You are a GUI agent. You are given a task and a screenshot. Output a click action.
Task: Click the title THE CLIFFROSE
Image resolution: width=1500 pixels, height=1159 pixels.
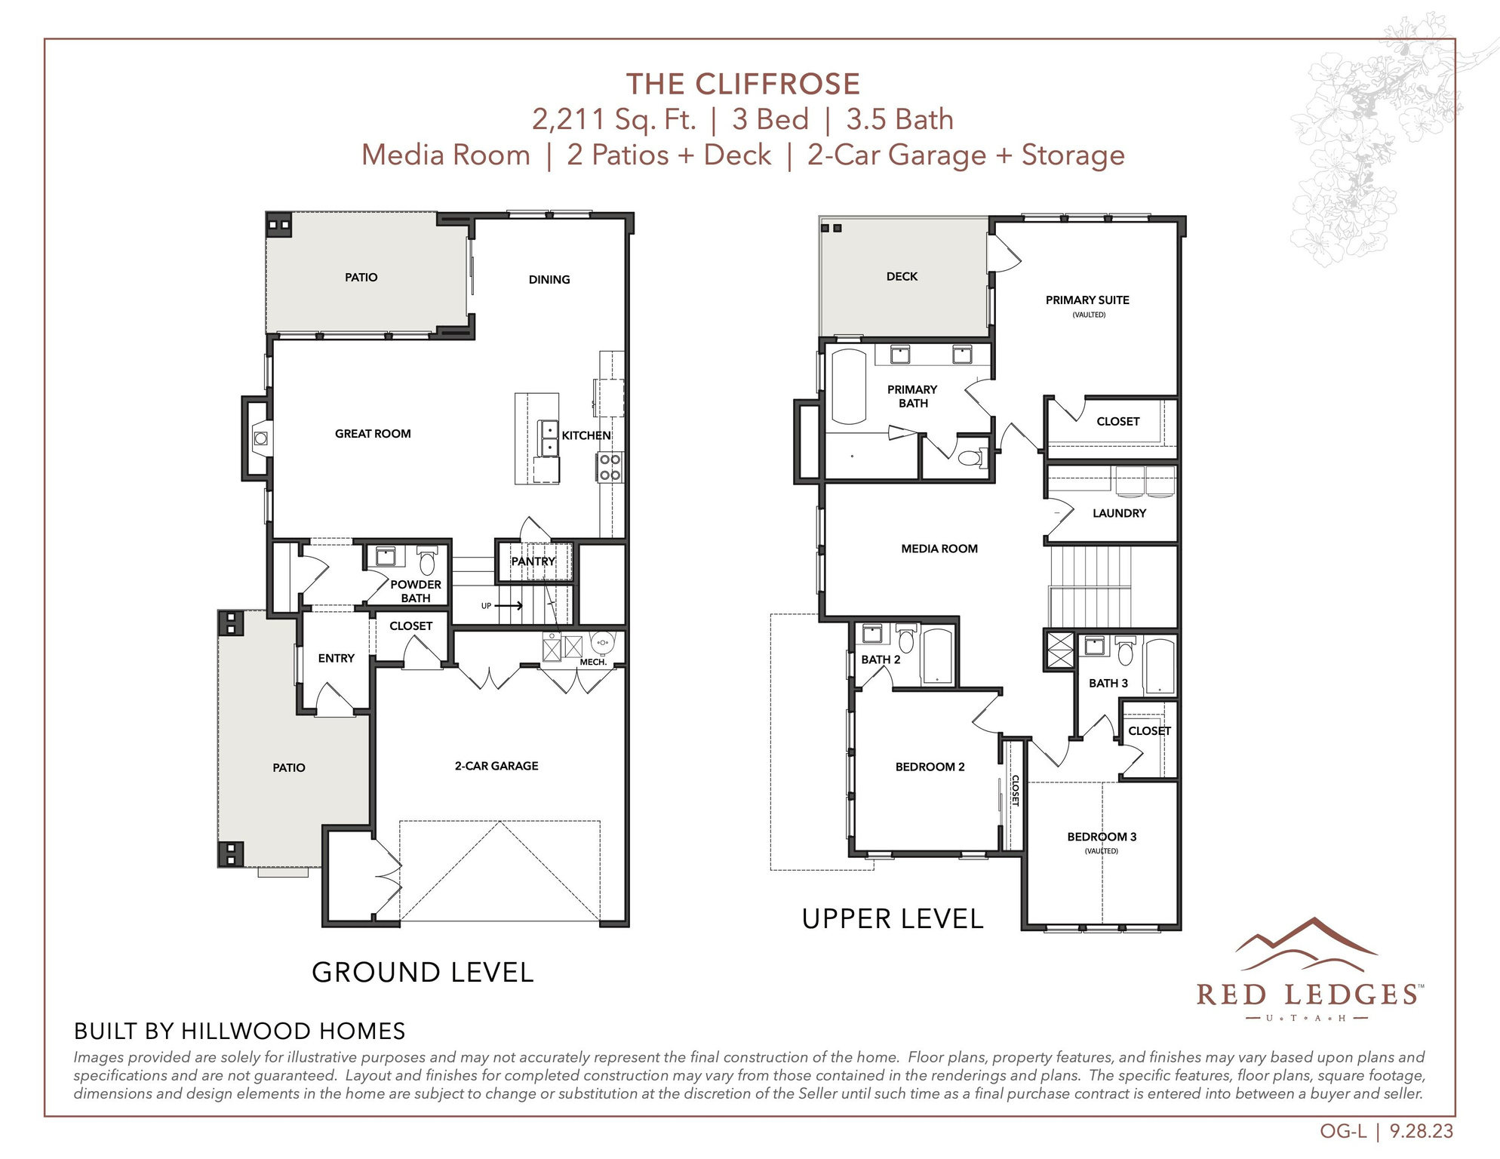(742, 84)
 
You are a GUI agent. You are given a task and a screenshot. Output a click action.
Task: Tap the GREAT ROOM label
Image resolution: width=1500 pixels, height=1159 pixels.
(373, 434)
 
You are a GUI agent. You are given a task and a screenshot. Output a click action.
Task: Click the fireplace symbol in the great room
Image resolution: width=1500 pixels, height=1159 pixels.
(260, 438)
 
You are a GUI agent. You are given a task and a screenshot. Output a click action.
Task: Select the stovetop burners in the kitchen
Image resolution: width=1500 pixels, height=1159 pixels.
(610, 467)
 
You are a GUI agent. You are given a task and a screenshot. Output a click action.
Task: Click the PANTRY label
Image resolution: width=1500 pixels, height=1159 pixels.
(533, 561)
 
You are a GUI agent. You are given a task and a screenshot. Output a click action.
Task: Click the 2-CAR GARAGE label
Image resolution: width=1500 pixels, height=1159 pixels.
(496, 766)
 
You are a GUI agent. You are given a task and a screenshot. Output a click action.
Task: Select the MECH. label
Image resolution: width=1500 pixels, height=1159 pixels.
(593, 662)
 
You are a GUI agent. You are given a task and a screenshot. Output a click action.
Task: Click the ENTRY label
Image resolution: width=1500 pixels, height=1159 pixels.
(336, 659)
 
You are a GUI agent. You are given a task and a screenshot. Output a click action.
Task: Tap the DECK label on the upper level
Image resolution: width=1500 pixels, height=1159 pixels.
(902, 277)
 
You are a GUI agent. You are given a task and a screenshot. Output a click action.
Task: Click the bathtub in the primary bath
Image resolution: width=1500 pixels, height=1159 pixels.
(849, 386)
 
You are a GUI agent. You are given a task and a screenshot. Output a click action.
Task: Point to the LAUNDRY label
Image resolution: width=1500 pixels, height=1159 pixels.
(1119, 513)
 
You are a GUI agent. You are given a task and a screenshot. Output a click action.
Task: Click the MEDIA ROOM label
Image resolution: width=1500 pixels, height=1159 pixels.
(939, 549)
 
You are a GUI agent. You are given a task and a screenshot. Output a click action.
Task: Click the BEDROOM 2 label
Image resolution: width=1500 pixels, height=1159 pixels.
(930, 767)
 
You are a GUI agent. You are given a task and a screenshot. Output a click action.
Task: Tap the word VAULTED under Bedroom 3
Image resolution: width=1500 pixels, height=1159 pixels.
(1101, 851)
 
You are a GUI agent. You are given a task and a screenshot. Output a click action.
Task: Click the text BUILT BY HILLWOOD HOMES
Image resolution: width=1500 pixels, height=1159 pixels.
(239, 1031)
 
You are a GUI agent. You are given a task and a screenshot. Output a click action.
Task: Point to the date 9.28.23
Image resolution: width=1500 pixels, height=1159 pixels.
(1421, 1132)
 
